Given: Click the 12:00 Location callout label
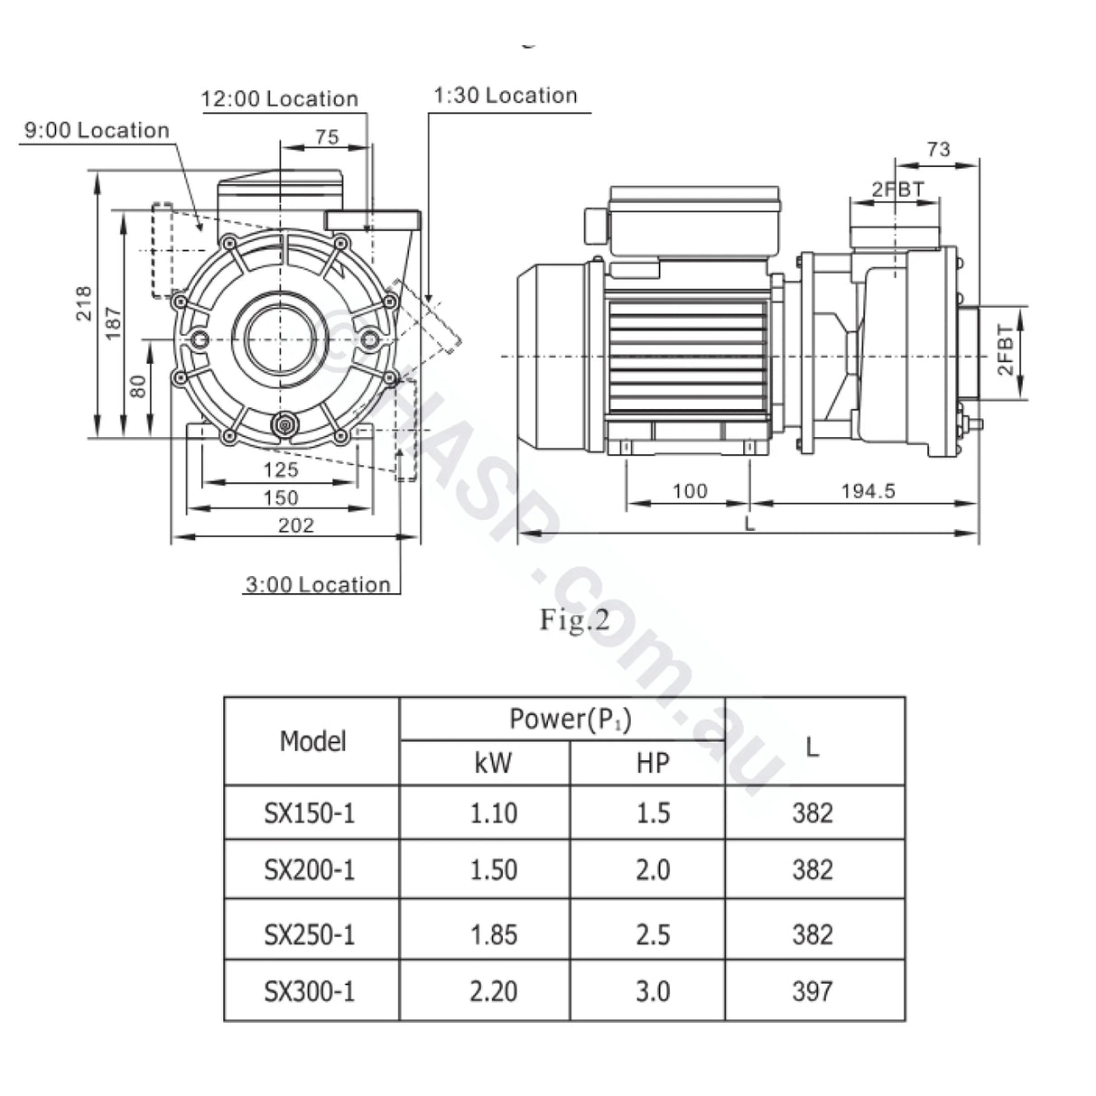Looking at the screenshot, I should click(x=279, y=98).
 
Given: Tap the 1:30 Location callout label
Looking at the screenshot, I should click(x=505, y=96).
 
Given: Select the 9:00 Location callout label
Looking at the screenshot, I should click(x=97, y=130).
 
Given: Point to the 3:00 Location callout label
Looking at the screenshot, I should click(x=317, y=584).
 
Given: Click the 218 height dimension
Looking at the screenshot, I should click(x=83, y=303).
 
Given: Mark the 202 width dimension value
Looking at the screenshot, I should click(x=295, y=525).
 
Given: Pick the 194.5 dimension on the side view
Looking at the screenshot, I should click(x=868, y=491).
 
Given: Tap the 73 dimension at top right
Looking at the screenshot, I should click(x=938, y=149).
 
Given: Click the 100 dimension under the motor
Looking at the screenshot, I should click(x=690, y=491).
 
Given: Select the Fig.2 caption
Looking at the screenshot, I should click(x=574, y=620).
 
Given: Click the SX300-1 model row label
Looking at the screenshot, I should click(x=310, y=991).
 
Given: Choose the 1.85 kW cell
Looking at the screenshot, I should click(x=493, y=933).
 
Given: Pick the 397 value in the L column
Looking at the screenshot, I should click(x=812, y=991).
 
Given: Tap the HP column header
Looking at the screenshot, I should click(x=652, y=763).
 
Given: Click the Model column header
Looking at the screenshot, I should click(x=312, y=741).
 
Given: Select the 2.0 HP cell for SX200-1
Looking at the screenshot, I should click(x=652, y=869).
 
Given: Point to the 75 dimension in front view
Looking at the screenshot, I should click(x=327, y=136).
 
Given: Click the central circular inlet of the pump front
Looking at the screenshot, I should click(x=282, y=339).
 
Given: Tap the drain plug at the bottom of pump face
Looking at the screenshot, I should click(x=285, y=423).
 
